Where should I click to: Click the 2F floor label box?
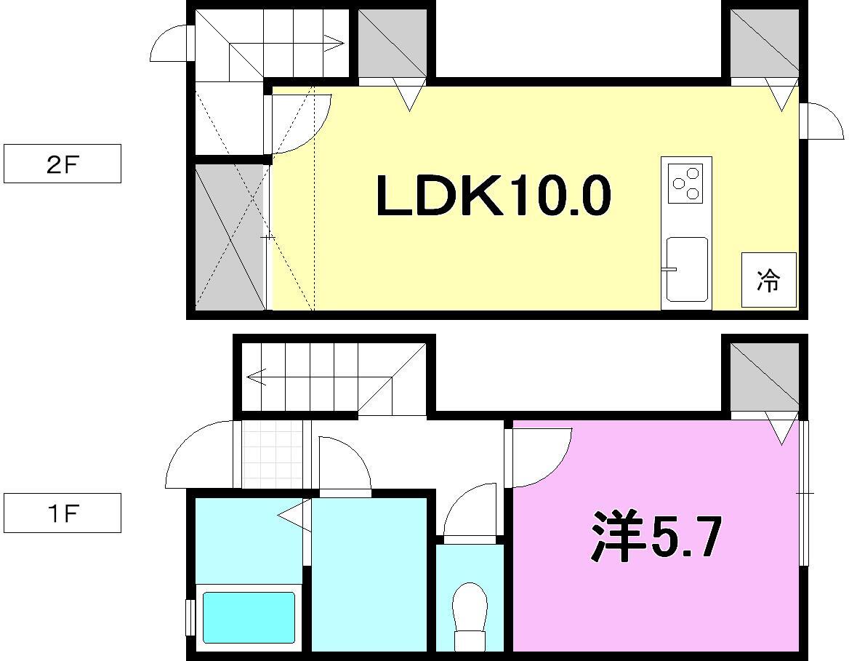(x=62, y=164)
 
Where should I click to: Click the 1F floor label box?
(x=62, y=513)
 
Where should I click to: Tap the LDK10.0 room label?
(x=493, y=196)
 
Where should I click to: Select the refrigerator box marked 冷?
(x=768, y=280)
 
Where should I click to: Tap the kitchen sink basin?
(x=686, y=268)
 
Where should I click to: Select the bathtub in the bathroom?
(x=249, y=617)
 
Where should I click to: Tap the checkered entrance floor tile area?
(x=272, y=454)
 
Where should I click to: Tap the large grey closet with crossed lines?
(x=229, y=236)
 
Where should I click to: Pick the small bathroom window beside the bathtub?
(x=190, y=617)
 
